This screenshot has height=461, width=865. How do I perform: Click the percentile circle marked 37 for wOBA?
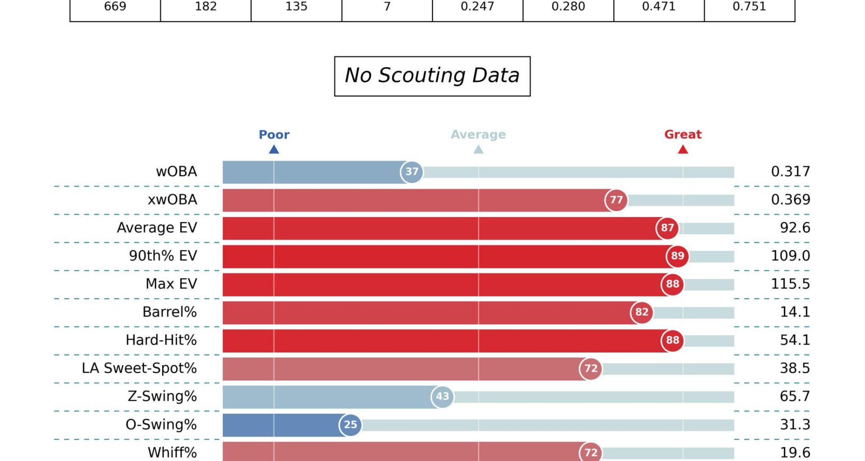[412, 172]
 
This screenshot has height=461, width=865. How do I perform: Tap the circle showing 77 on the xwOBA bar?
[616, 200]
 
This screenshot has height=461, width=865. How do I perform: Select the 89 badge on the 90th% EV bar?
[678, 256]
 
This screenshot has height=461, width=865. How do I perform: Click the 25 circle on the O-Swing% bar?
[351, 425]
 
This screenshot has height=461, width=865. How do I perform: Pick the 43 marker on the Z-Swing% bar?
[442, 397]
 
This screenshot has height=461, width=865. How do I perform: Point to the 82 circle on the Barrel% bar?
[642, 312]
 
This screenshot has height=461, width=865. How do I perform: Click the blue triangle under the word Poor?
[274, 149]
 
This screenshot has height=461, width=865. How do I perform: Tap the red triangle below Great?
[683, 149]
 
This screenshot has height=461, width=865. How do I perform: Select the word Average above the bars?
[478, 135]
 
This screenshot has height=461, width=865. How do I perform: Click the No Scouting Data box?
[432, 76]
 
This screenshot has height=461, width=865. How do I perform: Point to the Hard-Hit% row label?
[161, 340]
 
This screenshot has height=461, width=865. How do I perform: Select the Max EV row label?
[171, 284]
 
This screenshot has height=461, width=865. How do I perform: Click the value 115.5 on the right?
[790, 284]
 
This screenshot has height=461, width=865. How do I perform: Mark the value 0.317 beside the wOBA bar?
[790, 172]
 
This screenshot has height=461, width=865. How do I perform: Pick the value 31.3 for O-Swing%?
[795, 425]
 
